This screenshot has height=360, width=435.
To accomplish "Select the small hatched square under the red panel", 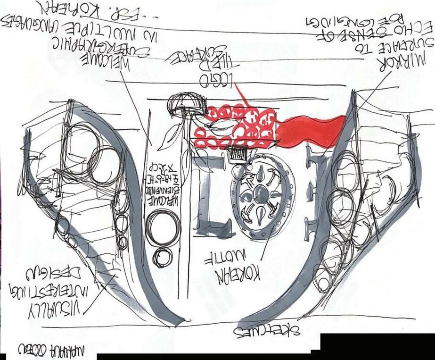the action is pyautogui.click(x=238, y=154).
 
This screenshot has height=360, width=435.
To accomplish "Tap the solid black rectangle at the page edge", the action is pyautogui.click(x=377, y=343).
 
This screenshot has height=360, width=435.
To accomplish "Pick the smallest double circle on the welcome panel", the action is pyautogui.click(x=163, y=257).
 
